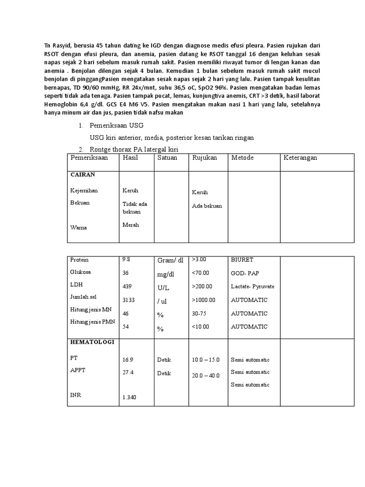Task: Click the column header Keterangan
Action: coord(300,158)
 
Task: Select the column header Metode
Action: coord(242,158)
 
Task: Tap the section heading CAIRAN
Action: coord(83,175)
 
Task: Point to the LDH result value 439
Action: coord(127,287)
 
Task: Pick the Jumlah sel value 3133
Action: coord(129,300)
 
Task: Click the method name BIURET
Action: coord(242,260)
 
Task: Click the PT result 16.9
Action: coord(128,360)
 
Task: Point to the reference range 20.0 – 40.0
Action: coord(206,376)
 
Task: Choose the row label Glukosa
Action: coord(80,273)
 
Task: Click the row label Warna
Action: coord(78,228)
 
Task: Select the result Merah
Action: coord(131,225)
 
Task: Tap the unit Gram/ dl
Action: coord(170,260)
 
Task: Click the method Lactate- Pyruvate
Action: coord(252,287)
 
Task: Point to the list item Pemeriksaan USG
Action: coord(116,126)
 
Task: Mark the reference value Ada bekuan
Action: coord(207,206)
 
